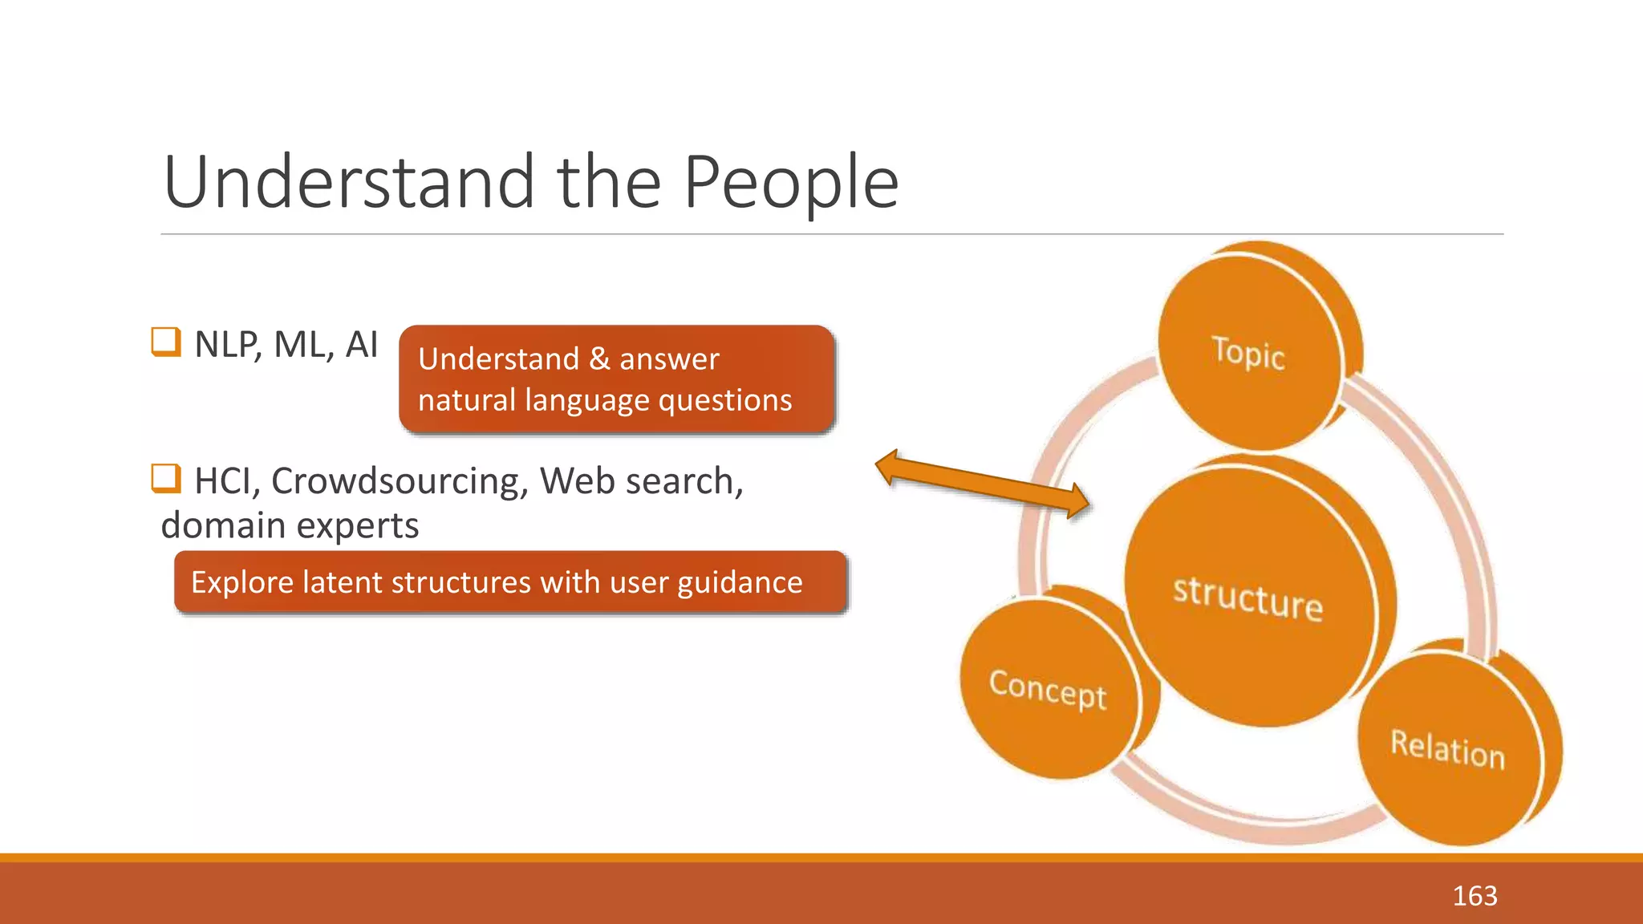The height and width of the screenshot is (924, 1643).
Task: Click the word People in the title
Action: [x=790, y=183]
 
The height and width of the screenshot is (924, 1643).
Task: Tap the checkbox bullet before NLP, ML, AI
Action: [x=166, y=342]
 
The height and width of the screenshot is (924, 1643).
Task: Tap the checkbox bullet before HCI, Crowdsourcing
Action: [x=166, y=479]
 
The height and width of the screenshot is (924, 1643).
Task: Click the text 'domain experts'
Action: [x=290, y=526]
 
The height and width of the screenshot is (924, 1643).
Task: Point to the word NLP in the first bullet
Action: [x=226, y=345]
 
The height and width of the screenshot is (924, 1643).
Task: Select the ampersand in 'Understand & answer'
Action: [x=598, y=359]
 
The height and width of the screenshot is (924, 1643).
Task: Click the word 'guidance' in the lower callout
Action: [x=740, y=582]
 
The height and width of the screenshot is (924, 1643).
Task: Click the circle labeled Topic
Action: [x=1249, y=353]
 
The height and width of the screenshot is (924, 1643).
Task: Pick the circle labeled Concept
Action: [x=1048, y=689]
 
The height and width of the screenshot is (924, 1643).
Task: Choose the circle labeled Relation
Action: [x=1448, y=750]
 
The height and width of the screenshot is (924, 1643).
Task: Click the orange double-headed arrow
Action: [x=982, y=484]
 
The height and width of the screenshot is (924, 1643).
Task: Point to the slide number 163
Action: [x=1475, y=895]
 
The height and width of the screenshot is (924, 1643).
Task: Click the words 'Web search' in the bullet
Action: [x=639, y=481]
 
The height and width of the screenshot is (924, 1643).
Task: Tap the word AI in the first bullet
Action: [x=361, y=345]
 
